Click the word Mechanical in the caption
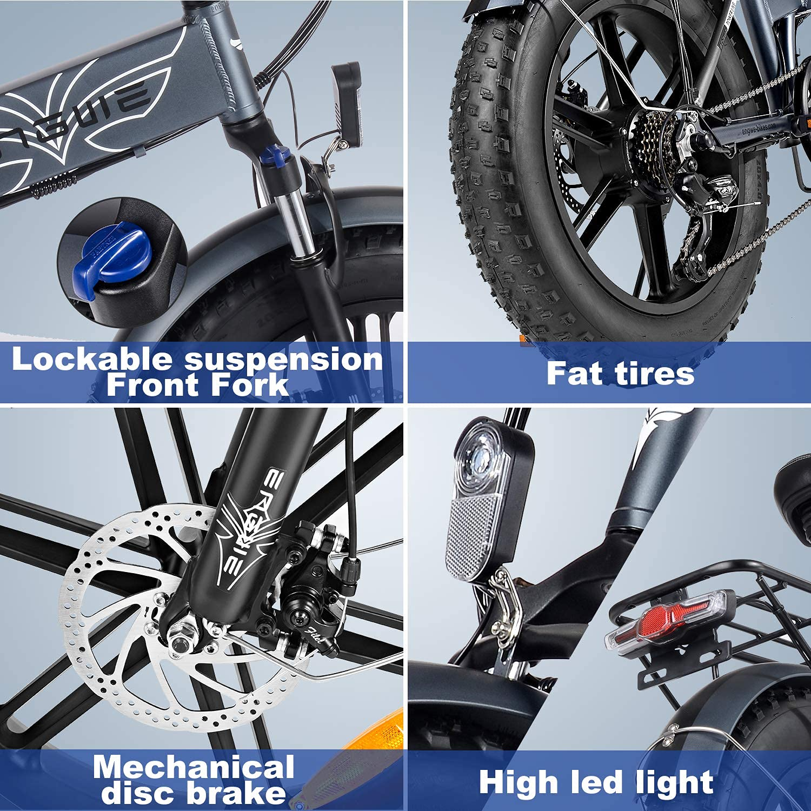tap(194, 768)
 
